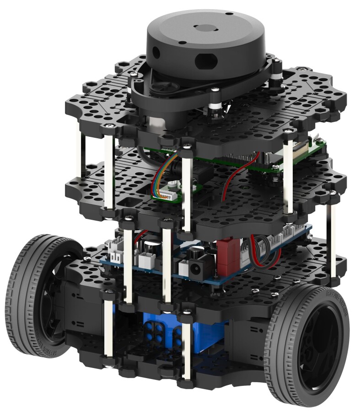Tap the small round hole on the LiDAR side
[x=157, y=50]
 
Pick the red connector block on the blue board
[x=227, y=256]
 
